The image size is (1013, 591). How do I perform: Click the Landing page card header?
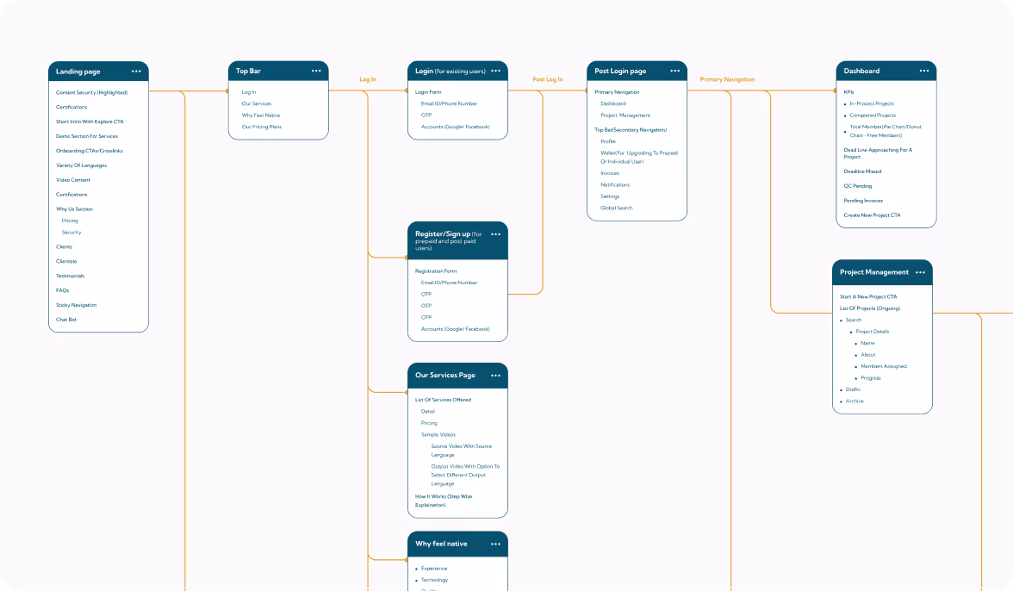tap(78, 72)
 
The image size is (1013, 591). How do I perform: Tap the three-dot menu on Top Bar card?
tap(316, 71)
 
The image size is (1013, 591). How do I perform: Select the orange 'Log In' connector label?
tap(368, 79)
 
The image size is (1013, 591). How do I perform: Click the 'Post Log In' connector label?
tap(548, 79)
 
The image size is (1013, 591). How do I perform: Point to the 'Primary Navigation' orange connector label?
tap(727, 79)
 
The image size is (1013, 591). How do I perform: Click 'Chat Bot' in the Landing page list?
tap(66, 320)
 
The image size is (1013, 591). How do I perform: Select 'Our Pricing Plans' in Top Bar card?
tap(261, 127)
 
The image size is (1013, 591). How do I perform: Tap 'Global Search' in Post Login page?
tap(616, 208)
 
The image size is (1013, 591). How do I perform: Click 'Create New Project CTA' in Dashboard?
tap(872, 215)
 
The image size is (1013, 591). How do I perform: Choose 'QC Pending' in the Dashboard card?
tap(857, 186)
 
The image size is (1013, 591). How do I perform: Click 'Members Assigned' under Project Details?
tap(883, 366)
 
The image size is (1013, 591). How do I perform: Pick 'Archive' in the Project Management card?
tap(854, 401)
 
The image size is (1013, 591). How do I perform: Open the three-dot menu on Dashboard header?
tap(923, 71)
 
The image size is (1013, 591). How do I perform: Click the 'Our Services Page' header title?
tap(444, 376)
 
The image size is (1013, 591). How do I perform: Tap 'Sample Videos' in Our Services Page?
tap(438, 435)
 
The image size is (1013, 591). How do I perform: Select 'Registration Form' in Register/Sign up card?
tap(435, 271)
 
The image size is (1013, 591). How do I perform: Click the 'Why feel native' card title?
tap(441, 544)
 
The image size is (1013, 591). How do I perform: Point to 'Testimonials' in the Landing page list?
tap(70, 276)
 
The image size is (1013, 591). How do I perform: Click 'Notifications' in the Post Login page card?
tap(615, 185)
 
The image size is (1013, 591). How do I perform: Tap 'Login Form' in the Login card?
tap(427, 92)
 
